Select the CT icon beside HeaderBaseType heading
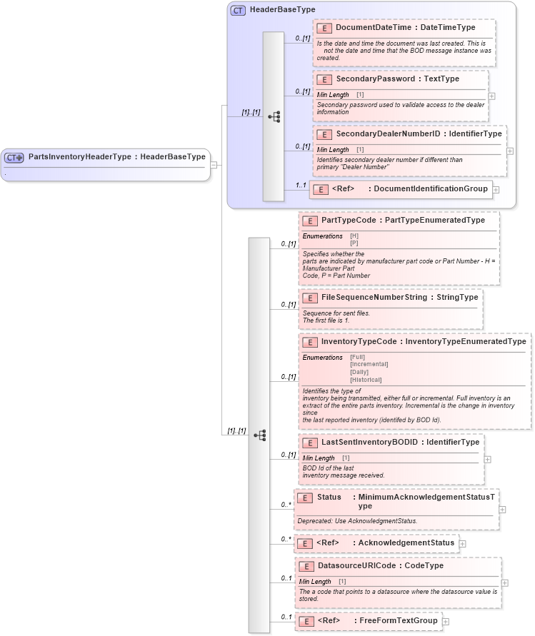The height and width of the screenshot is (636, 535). click(238, 10)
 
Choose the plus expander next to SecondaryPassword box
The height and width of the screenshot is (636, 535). click(492, 95)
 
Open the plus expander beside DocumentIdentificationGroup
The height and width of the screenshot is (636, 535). click(496, 190)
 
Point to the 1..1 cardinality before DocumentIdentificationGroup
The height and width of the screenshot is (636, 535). click(301, 186)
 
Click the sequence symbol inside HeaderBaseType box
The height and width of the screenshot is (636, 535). click(274, 116)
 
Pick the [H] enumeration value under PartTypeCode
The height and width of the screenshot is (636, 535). click(354, 236)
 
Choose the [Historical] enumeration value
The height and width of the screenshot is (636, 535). click(366, 380)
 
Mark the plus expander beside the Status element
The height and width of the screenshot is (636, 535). click(503, 510)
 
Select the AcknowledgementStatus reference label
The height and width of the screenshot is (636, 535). click(406, 543)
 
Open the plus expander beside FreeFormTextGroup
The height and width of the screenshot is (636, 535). click(446, 622)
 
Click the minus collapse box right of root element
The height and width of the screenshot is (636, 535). click(214, 165)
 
